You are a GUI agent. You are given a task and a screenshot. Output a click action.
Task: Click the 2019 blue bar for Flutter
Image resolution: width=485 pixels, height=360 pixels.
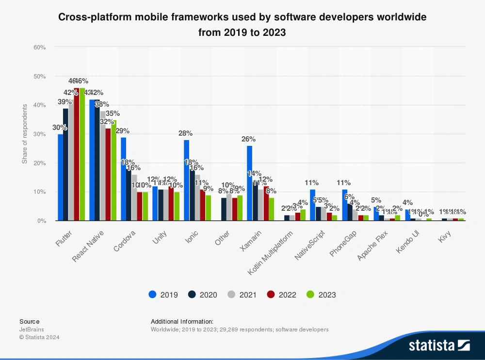[x=60, y=177]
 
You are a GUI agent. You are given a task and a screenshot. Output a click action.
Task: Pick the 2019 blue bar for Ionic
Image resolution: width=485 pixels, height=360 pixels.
[x=186, y=180]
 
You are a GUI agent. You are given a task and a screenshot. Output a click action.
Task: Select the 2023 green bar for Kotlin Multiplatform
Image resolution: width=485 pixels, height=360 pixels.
[x=303, y=215]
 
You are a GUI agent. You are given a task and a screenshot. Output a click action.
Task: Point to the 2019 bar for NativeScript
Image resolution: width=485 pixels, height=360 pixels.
[x=312, y=205]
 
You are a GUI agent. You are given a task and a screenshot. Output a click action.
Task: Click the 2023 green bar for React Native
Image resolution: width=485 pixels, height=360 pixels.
[x=113, y=170]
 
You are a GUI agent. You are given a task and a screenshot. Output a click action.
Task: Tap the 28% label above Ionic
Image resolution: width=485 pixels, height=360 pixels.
[x=185, y=133]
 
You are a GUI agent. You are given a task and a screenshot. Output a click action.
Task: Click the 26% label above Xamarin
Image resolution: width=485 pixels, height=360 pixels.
[x=248, y=139]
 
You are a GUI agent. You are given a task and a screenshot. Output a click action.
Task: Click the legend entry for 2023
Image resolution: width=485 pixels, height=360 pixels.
[x=321, y=295]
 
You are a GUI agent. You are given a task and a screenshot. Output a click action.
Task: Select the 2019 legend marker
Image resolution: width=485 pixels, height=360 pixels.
[x=153, y=295]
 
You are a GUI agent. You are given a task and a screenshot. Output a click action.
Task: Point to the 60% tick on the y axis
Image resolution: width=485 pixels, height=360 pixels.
[x=40, y=47]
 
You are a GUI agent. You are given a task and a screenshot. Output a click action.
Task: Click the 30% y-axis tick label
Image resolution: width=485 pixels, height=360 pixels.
[x=40, y=134]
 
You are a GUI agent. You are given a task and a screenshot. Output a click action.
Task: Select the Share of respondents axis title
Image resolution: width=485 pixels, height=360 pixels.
[x=24, y=134]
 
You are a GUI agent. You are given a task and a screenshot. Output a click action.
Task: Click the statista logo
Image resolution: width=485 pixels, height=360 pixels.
[x=439, y=345]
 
